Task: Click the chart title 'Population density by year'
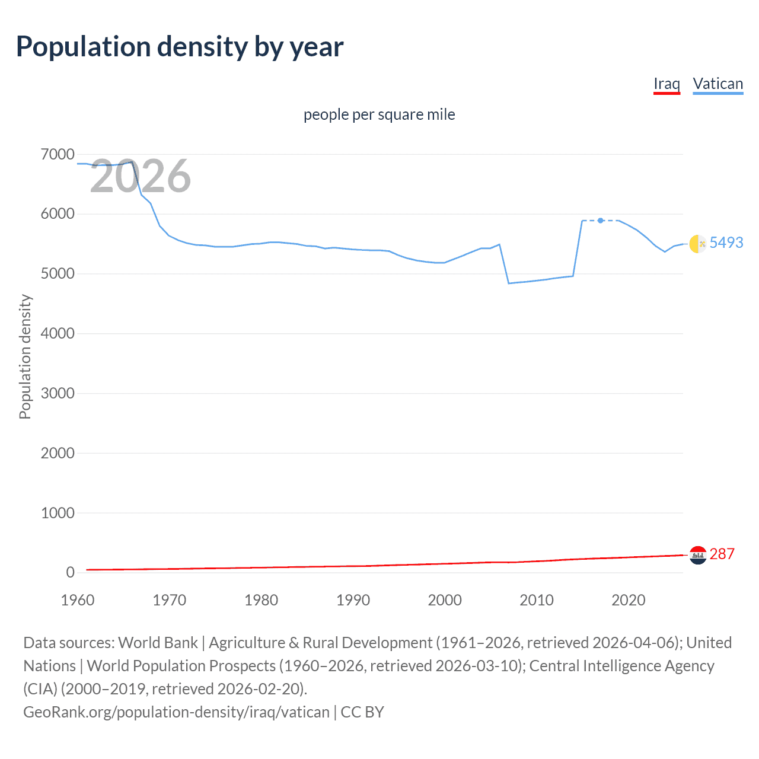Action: point(180,47)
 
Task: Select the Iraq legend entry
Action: point(666,84)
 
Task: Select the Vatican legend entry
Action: point(717,84)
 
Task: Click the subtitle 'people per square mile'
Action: point(379,114)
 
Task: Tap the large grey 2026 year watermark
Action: point(141,176)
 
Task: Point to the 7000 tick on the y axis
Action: point(58,155)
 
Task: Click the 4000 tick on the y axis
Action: point(58,334)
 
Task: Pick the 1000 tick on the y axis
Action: point(58,513)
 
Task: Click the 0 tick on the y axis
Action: point(70,572)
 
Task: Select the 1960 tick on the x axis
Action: point(78,600)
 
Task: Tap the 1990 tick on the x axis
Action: point(353,600)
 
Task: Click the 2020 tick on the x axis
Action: point(628,600)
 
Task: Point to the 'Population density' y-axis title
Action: point(25,357)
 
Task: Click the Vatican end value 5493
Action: point(726,243)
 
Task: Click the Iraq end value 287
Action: point(722,554)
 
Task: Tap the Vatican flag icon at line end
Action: point(698,243)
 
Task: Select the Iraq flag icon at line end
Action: point(698,555)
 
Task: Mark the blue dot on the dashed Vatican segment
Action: point(601,221)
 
